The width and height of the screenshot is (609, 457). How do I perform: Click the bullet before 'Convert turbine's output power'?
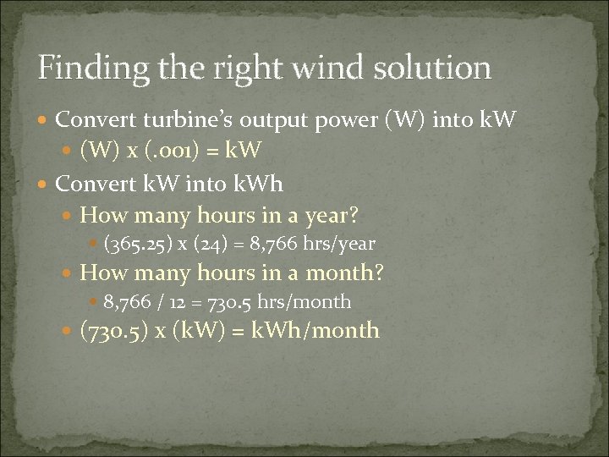click(45, 127)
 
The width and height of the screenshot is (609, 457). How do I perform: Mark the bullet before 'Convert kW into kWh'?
click(45, 183)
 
